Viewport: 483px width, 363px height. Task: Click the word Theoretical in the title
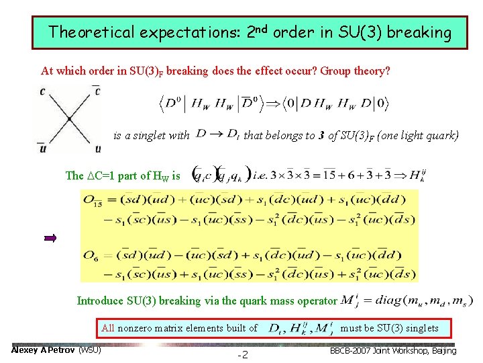coord(91,32)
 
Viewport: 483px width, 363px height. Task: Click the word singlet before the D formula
coord(160,136)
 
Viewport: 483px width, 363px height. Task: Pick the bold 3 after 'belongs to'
coord(322,136)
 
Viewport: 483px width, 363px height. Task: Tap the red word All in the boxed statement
coord(108,328)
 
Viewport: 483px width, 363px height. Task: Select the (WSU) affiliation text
coord(90,350)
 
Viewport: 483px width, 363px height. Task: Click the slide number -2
coord(242,354)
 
